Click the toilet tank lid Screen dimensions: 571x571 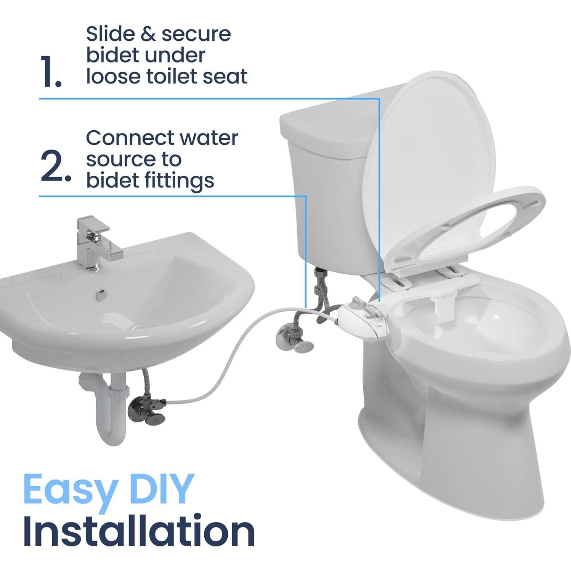[x=324, y=126]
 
